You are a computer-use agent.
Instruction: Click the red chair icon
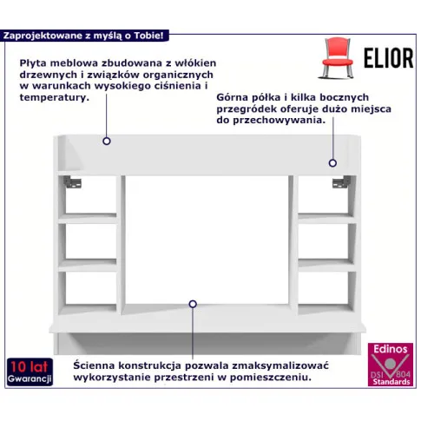point(338,58)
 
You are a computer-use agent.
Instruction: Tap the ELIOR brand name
point(389,58)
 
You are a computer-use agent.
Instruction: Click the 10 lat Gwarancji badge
point(30,372)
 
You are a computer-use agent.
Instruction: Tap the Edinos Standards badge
point(391,365)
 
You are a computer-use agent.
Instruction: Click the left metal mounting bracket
point(72,182)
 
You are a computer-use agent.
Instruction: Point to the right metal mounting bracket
point(341,182)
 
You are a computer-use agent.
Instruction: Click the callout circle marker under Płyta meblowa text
point(107,141)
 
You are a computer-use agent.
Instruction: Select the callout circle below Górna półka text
point(332,163)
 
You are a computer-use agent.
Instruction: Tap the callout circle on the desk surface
point(193,304)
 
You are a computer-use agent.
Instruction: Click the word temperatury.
point(54,97)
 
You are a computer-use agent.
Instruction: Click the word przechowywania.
point(279,121)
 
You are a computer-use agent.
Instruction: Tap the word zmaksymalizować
point(280,365)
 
